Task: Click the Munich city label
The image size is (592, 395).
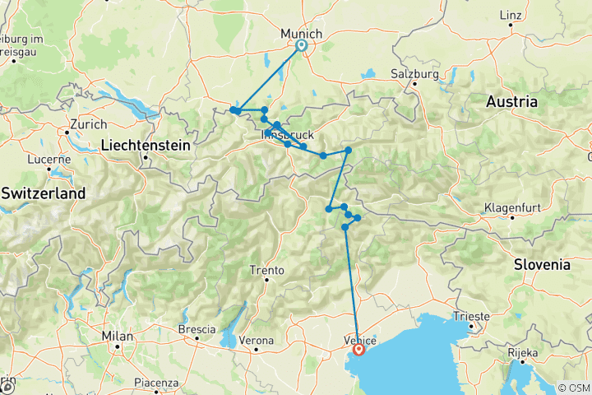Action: (x=301, y=32)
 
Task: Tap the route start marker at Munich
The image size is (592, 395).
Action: (x=302, y=46)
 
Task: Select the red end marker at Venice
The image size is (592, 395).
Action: (x=359, y=349)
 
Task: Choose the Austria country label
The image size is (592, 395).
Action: (x=511, y=102)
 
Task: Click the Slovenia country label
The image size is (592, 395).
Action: (x=542, y=264)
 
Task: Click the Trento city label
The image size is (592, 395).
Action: (x=267, y=270)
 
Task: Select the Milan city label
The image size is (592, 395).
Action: (x=118, y=336)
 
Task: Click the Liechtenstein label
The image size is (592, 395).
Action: (x=146, y=145)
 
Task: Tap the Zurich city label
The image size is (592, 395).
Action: (x=89, y=123)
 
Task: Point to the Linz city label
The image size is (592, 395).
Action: (x=511, y=15)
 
